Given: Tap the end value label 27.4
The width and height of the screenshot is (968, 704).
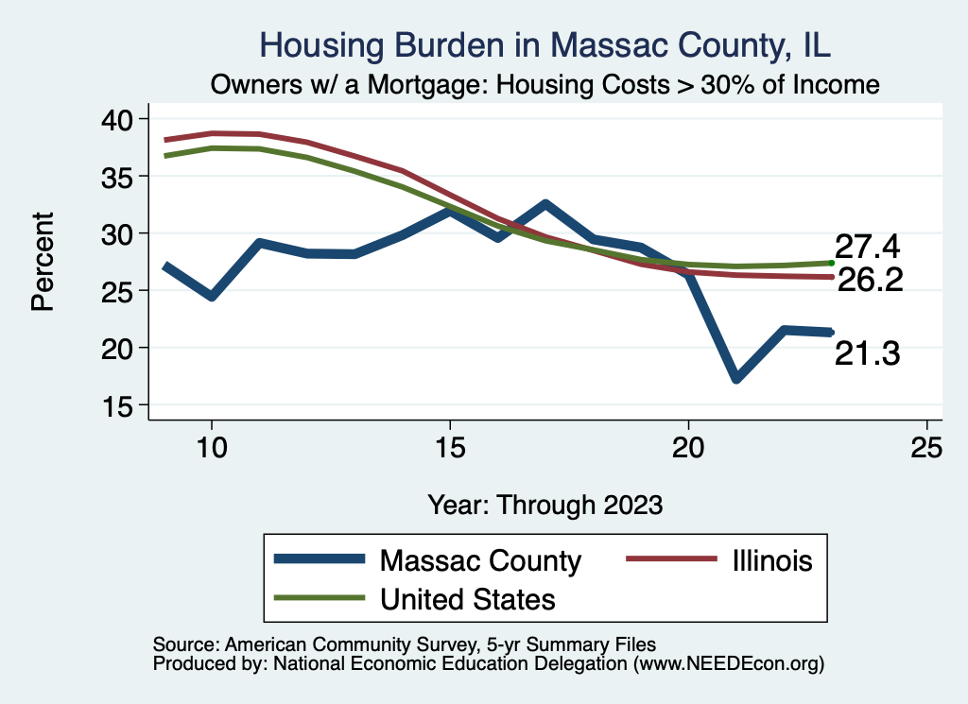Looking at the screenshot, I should [866, 248].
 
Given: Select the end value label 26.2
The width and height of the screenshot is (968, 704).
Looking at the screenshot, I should [871, 280].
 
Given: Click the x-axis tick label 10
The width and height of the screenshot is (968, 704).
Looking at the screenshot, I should [212, 447].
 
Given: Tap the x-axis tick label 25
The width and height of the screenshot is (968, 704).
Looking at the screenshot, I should [926, 447].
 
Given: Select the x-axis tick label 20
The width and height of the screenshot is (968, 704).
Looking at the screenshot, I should [688, 447].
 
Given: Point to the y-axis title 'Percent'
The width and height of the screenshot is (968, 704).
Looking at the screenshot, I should [42, 263].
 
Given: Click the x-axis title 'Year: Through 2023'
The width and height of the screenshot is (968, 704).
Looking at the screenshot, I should [544, 504].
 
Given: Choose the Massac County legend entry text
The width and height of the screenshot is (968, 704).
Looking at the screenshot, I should [480, 560].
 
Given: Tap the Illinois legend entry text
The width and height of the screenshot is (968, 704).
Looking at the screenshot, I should [771, 560].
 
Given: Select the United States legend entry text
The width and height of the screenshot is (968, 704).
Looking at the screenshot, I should [467, 599].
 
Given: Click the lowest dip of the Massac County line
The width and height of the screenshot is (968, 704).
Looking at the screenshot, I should [735, 378].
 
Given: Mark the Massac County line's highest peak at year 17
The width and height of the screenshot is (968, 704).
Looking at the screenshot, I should [545, 204].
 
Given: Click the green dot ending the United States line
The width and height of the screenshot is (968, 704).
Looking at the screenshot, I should [831, 263].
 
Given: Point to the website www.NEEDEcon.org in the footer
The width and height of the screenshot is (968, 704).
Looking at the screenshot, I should [728, 664].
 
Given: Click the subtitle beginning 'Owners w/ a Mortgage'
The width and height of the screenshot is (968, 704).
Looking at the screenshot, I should [544, 85].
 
